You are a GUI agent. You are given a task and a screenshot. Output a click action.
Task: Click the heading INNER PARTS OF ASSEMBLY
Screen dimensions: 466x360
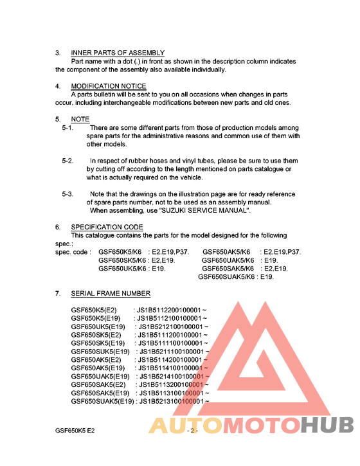[x=118, y=53]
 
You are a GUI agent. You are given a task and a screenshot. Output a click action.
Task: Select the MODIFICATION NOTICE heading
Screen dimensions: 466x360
[x=109, y=86]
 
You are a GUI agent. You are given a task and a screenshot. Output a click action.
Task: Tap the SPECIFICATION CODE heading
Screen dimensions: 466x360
[x=107, y=227]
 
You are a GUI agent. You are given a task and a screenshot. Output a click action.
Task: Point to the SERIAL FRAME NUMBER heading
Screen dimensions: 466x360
[x=111, y=294]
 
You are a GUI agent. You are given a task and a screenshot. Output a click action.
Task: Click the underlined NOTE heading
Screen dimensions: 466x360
[x=80, y=120]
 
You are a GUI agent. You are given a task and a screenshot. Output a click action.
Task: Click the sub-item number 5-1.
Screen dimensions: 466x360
[x=67, y=128]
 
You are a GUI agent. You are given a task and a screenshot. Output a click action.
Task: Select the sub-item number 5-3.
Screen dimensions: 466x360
[x=67, y=193]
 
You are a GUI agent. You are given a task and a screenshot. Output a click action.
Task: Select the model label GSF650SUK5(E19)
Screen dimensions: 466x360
[x=100, y=352]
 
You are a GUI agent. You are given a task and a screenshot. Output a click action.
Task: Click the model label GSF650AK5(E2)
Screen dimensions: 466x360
[x=96, y=360]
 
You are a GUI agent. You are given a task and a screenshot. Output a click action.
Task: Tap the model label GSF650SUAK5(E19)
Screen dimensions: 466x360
[x=103, y=402]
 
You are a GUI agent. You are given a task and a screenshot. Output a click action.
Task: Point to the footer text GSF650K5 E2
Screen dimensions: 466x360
[x=75, y=430]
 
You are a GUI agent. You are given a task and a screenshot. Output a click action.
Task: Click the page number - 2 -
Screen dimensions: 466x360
[x=192, y=430]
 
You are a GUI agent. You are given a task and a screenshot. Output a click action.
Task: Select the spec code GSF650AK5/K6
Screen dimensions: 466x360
[x=226, y=252]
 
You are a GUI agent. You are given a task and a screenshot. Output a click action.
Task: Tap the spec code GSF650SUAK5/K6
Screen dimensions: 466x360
[x=227, y=277]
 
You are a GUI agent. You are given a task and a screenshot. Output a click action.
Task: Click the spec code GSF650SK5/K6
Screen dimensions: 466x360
[x=123, y=260]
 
